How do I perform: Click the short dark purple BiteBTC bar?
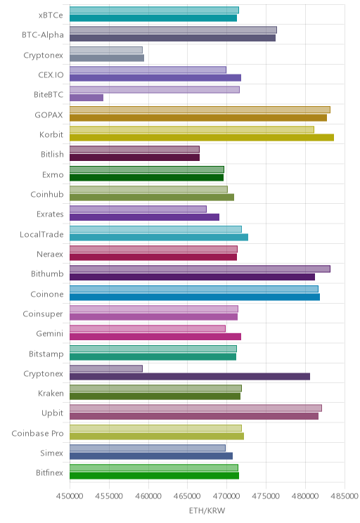coord(86,98)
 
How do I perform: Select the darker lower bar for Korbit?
coord(202,137)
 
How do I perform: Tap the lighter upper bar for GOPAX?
coord(200,110)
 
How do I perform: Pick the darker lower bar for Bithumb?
coord(192,277)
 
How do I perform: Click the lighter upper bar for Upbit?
coord(196,408)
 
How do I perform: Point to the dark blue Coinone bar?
coord(195,297)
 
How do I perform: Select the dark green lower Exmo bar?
coord(146,177)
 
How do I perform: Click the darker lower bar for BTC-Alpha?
coord(172,38)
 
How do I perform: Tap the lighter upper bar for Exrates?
coord(138,209)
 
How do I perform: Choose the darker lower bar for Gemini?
coord(155,337)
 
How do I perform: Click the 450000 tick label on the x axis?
coord(70,496)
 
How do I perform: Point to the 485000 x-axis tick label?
coord(345,496)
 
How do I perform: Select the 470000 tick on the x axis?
coord(226,496)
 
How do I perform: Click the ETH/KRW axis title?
coord(207,510)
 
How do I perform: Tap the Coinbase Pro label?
coord(37,433)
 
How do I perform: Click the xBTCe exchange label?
coord(51,15)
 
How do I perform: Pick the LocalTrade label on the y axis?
coord(41,235)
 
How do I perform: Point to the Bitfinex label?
coord(50,472)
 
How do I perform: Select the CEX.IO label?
coord(51,75)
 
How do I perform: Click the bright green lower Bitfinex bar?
coord(154,476)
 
